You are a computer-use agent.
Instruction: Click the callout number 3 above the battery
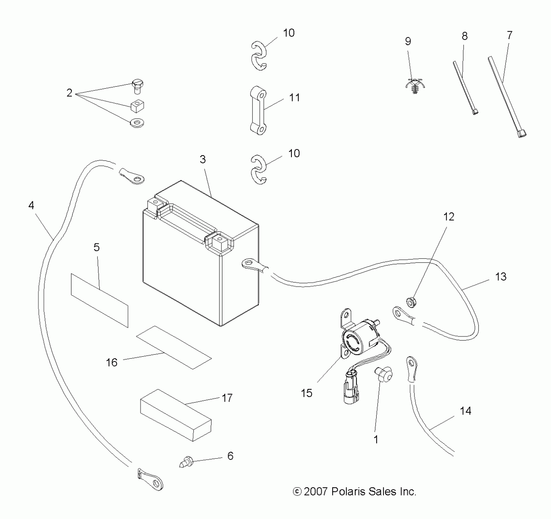203,159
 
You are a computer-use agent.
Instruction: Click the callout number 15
307,393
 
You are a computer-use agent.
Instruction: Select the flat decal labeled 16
174,347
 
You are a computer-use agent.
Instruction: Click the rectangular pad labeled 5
99,300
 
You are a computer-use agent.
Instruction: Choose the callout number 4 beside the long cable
31,205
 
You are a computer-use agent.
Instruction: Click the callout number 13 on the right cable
501,277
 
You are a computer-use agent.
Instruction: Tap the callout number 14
465,411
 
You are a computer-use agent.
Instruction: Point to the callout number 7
509,35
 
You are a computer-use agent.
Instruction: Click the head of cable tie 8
475,112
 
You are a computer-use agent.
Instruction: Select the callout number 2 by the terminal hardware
69,93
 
